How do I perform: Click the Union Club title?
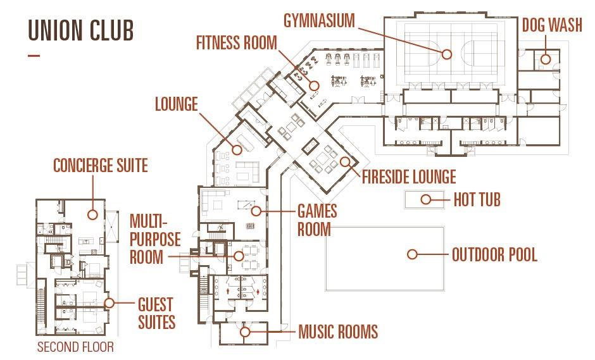tap(81, 30)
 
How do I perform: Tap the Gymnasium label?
tap(319, 20)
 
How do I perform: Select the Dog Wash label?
tap(552, 25)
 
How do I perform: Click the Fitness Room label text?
tap(236, 42)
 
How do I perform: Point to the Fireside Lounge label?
tap(409, 177)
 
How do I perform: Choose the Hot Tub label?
tap(477, 199)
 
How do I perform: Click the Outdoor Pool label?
tap(494, 254)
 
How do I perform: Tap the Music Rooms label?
tap(338, 332)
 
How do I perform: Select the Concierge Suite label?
tap(101, 165)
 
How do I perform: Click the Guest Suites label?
tap(156, 313)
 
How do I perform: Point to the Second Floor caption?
tap(75, 347)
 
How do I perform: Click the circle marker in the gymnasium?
tap(447, 54)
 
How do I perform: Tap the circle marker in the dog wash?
tap(546, 59)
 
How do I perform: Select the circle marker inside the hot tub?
tap(426, 199)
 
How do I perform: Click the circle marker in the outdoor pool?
tap(412, 254)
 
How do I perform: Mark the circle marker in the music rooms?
tap(245, 332)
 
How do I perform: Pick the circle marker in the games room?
tap(256, 211)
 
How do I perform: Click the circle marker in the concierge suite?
tap(92, 214)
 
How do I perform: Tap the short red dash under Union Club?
tap(34, 56)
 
